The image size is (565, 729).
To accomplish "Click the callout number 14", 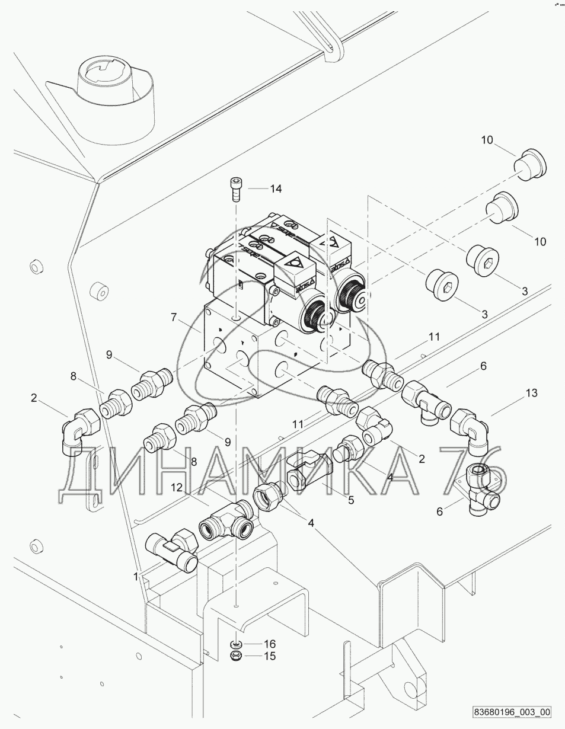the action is click(x=276, y=189).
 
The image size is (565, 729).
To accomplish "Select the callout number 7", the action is click(x=174, y=317).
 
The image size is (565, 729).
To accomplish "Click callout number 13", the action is click(x=531, y=392).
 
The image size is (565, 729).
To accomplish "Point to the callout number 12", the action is click(x=177, y=487).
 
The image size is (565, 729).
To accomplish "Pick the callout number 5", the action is click(x=351, y=500).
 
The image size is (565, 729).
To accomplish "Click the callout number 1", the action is click(x=136, y=576).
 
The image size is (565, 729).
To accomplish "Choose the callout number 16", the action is click(x=270, y=644).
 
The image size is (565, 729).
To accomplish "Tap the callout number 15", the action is click(x=270, y=656).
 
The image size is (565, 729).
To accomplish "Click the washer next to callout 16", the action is click(x=237, y=644).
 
